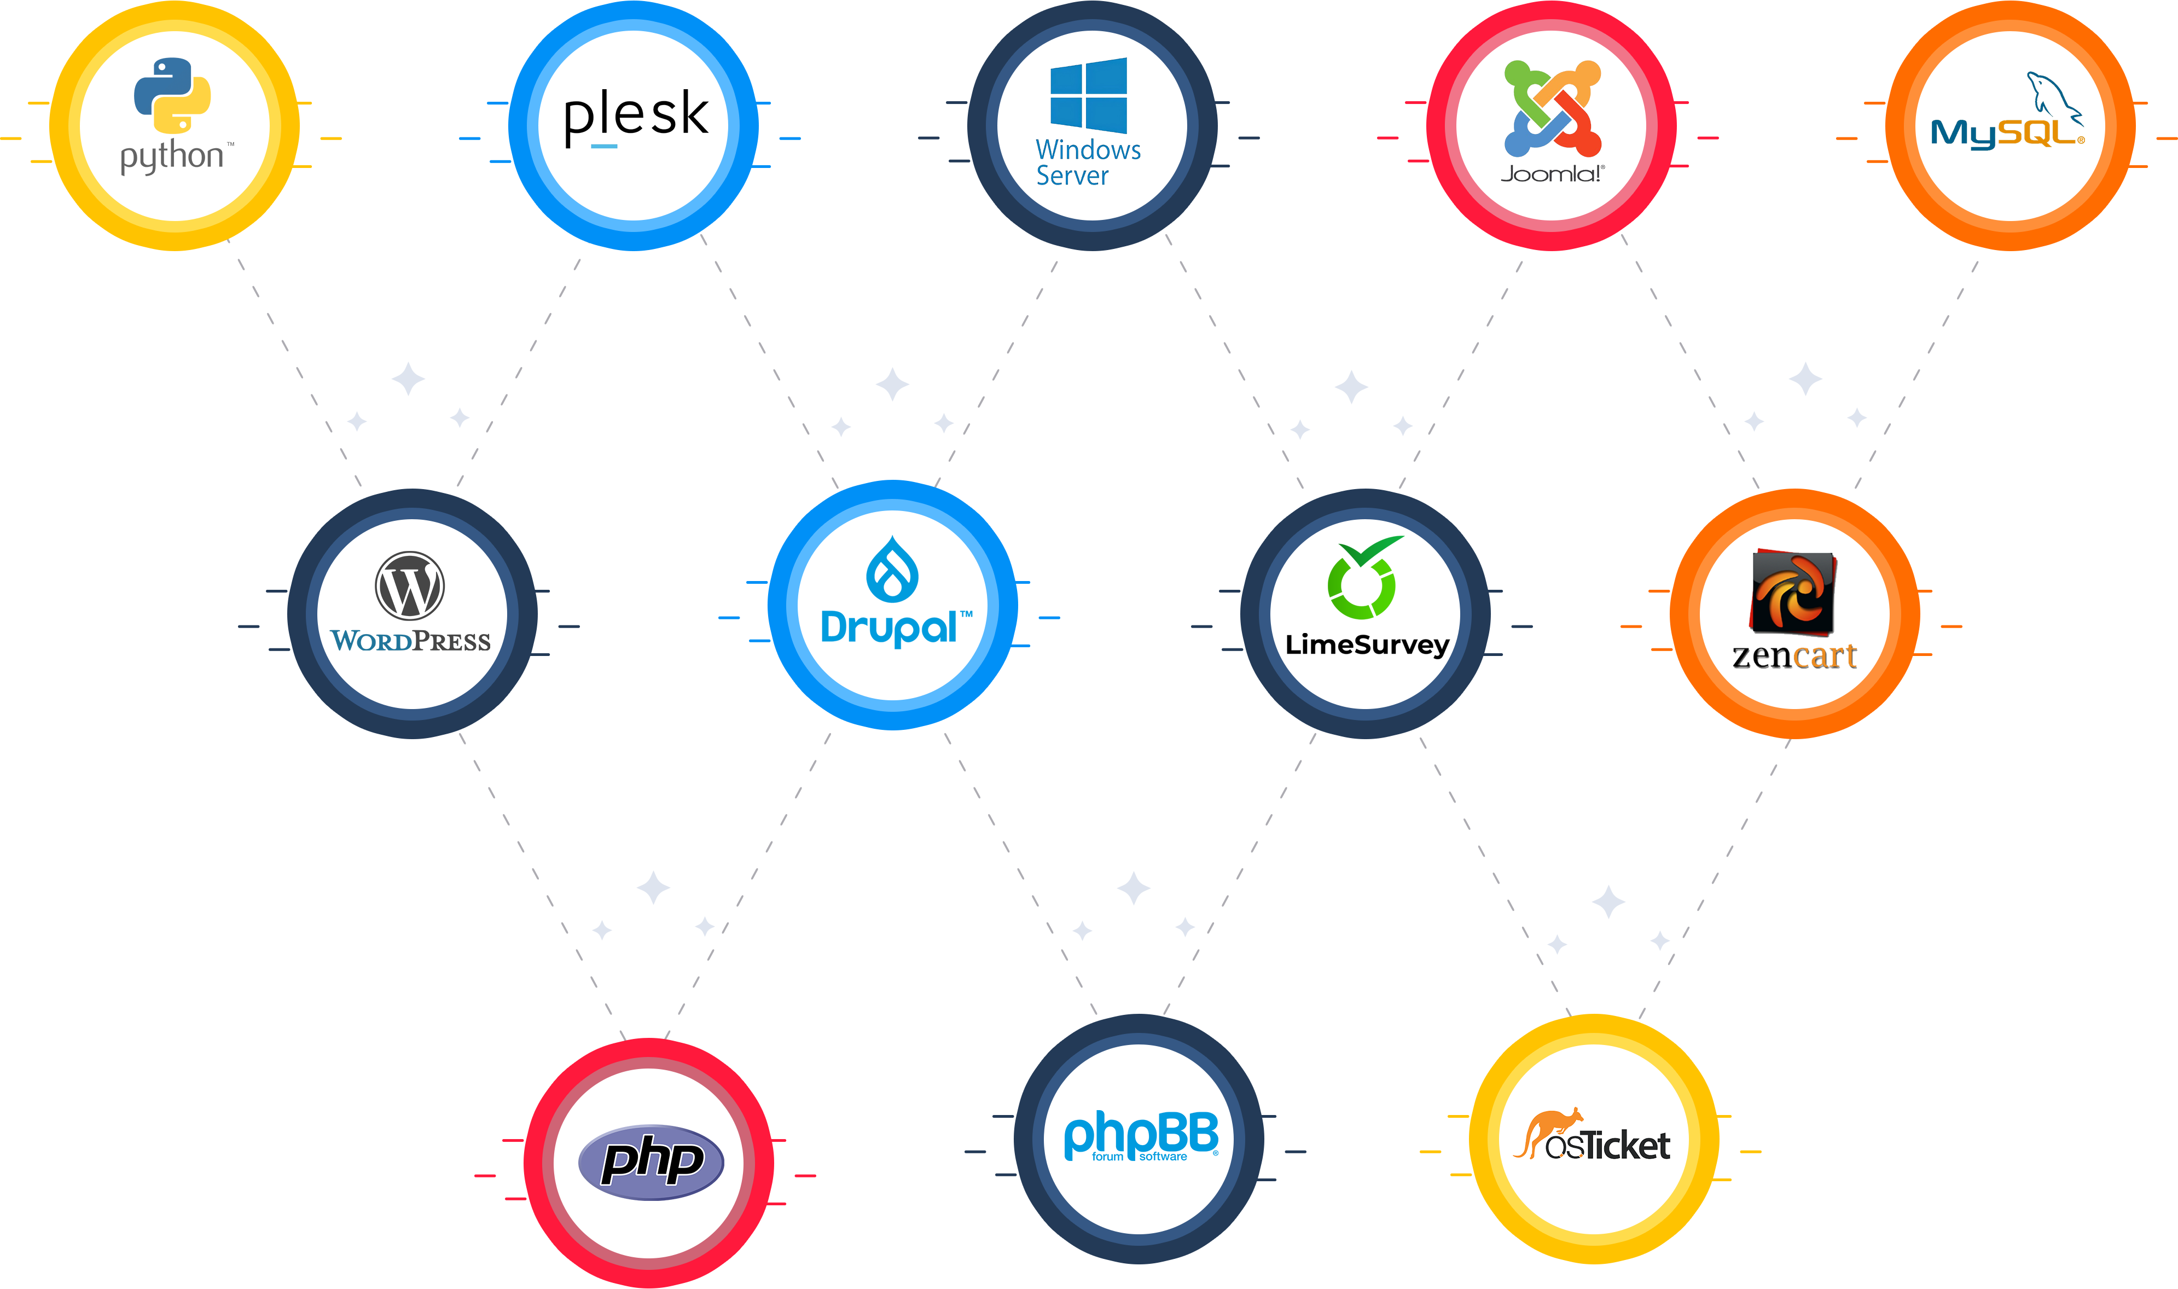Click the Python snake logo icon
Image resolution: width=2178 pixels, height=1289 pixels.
click(172, 96)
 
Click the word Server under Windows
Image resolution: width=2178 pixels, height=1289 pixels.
click(1072, 176)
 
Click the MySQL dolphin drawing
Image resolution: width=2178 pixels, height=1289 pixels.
click(2054, 96)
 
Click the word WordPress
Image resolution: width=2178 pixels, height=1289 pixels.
click(411, 642)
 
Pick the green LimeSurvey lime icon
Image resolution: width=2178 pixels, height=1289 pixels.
click(1363, 578)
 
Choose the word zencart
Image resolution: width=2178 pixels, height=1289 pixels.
click(1794, 656)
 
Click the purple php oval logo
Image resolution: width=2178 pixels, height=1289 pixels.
click(651, 1162)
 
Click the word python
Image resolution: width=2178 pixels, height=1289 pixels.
click(172, 157)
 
